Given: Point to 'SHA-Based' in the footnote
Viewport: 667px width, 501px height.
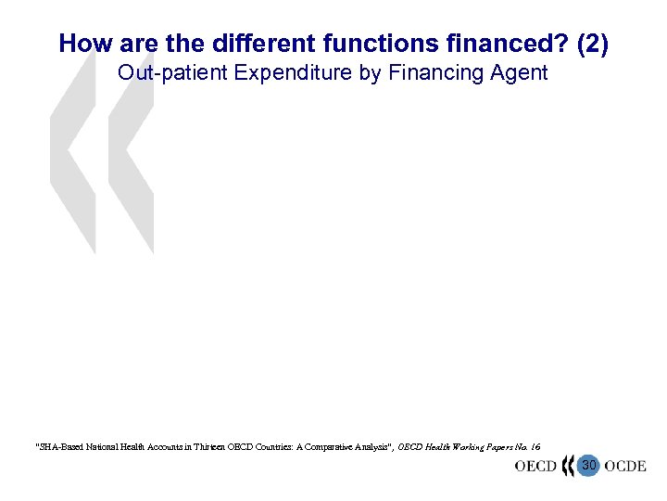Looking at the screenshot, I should (x=60, y=447).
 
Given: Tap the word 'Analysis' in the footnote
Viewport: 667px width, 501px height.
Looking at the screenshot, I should (x=371, y=447).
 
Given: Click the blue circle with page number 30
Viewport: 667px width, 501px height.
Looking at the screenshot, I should (x=588, y=466).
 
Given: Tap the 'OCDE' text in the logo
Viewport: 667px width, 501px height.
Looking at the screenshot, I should (x=625, y=466).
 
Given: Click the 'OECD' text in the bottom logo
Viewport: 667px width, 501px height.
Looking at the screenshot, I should (x=535, y=466).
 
